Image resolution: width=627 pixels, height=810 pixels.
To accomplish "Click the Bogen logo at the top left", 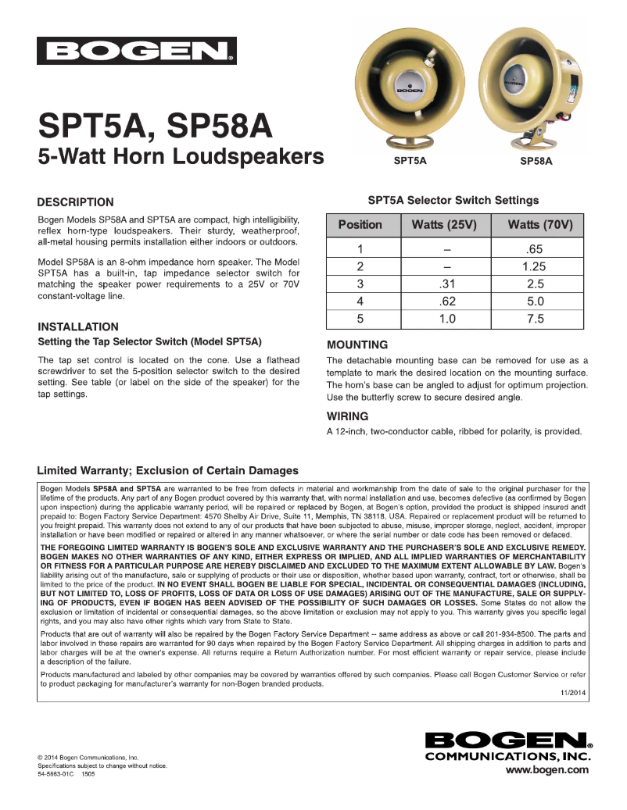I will pyautogui.click(x=136, y=52).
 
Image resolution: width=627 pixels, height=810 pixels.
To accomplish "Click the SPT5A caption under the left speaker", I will pyautogui.click(x=410, y=161).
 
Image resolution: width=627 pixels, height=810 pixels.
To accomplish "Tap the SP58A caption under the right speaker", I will pyautogui.click(x=536, y=162).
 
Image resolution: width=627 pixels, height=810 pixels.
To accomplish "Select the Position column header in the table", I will pyautogui.click(x=360, y=225).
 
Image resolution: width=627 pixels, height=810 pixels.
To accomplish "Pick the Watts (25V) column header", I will pyautogui.click(x=444, y=225).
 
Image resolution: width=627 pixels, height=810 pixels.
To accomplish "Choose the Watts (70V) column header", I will pyautogui.click(x=540, y=225).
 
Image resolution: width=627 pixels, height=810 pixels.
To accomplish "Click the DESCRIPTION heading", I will pyautogui.click(x=76, y=202).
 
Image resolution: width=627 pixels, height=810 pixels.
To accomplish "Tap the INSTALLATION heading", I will pyautogui.click(x=78, y=326).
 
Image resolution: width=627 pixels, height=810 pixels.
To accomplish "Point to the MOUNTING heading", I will pyautogui.click(x=356, y=344).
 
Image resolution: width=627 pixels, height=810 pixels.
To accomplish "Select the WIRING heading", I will pyautogui.click(x=347, y=416).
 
